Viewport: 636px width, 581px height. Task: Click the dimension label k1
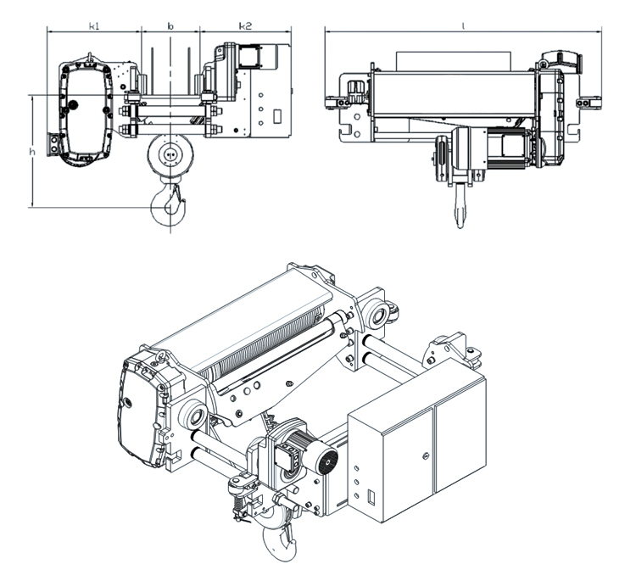click(94, 26)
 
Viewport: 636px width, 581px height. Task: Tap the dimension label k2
click(243, 26)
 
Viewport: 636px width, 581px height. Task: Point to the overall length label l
click(463, 26)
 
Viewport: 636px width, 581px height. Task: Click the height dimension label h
click(31, 152)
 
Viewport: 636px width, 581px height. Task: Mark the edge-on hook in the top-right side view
click(459, 206)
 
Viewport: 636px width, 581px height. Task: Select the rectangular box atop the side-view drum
click(454, 61)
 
